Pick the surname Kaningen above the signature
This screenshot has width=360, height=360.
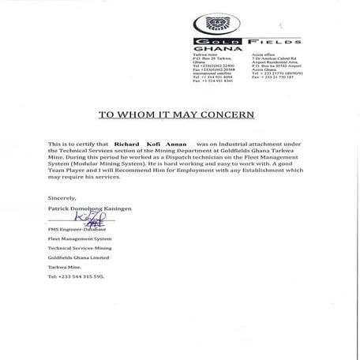pos(114,208)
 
